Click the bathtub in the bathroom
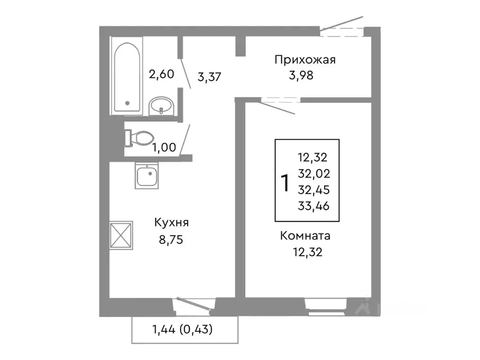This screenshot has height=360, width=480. tap(127, 77)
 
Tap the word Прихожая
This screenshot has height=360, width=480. tap(305, 60)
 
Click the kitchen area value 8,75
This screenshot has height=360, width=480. tap(170, 240)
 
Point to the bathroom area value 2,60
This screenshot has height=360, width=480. tap(161, 74)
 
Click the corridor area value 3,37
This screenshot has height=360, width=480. tap(210, 77)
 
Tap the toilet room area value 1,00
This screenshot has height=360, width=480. tap(165, 147)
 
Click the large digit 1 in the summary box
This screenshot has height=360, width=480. tap(284, 183)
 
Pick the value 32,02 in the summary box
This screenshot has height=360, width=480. tap(314, 174)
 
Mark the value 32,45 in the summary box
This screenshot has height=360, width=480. tap(314, 190)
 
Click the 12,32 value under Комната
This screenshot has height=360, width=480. tap(307, 253)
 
